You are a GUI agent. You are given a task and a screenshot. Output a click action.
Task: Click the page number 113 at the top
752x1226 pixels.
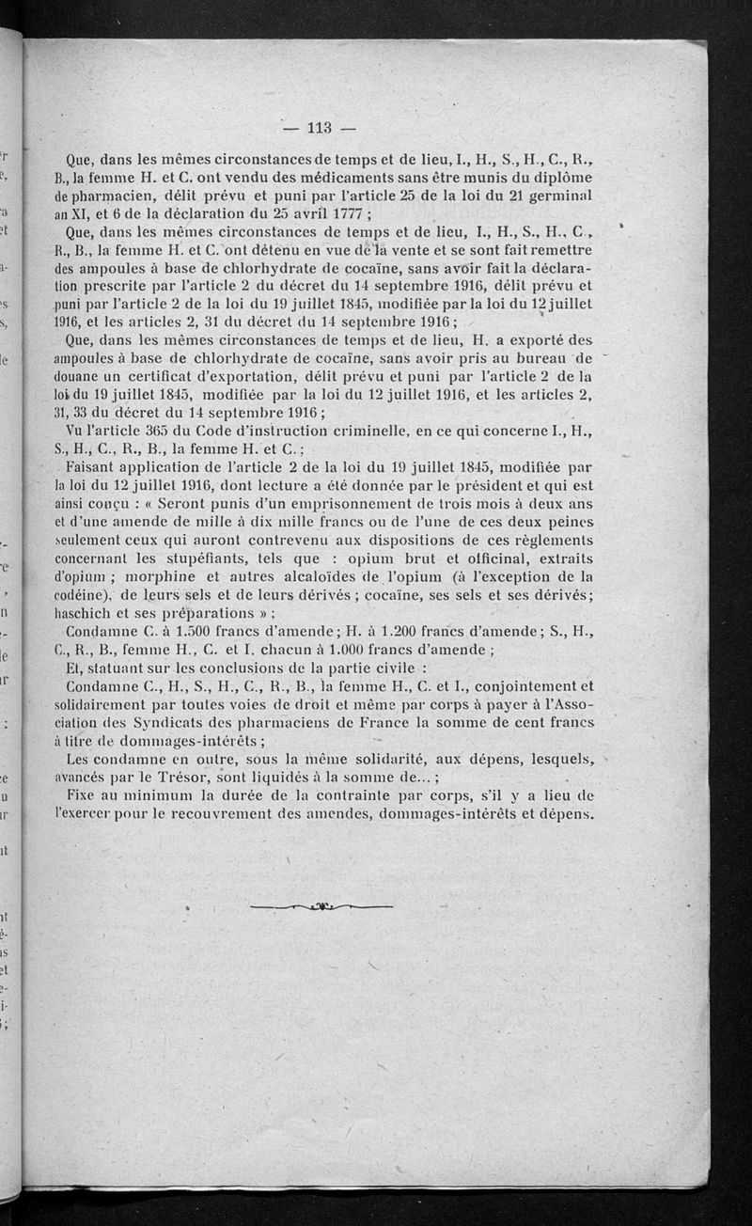(x=321, y=129)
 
